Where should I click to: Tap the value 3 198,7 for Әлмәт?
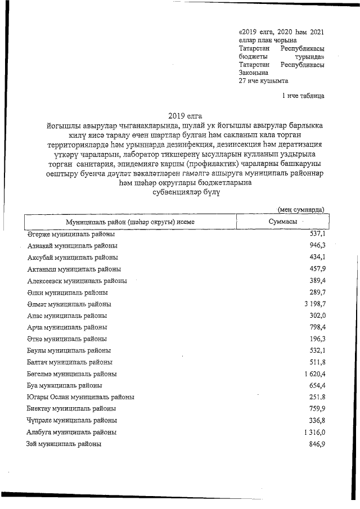coord(313,304)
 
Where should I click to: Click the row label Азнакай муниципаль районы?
coord(73,246)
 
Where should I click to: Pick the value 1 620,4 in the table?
coord(313,373)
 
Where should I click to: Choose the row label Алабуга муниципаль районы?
coord(72,433)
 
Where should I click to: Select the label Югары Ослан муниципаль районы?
coord(80,397)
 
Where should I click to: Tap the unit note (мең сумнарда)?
coord(301,210)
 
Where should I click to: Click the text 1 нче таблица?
coord(303,96)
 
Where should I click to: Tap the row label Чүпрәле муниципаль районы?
coord(72,420)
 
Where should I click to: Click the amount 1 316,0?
coord(313,432)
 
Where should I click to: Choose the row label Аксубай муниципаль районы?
coord(73,257)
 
